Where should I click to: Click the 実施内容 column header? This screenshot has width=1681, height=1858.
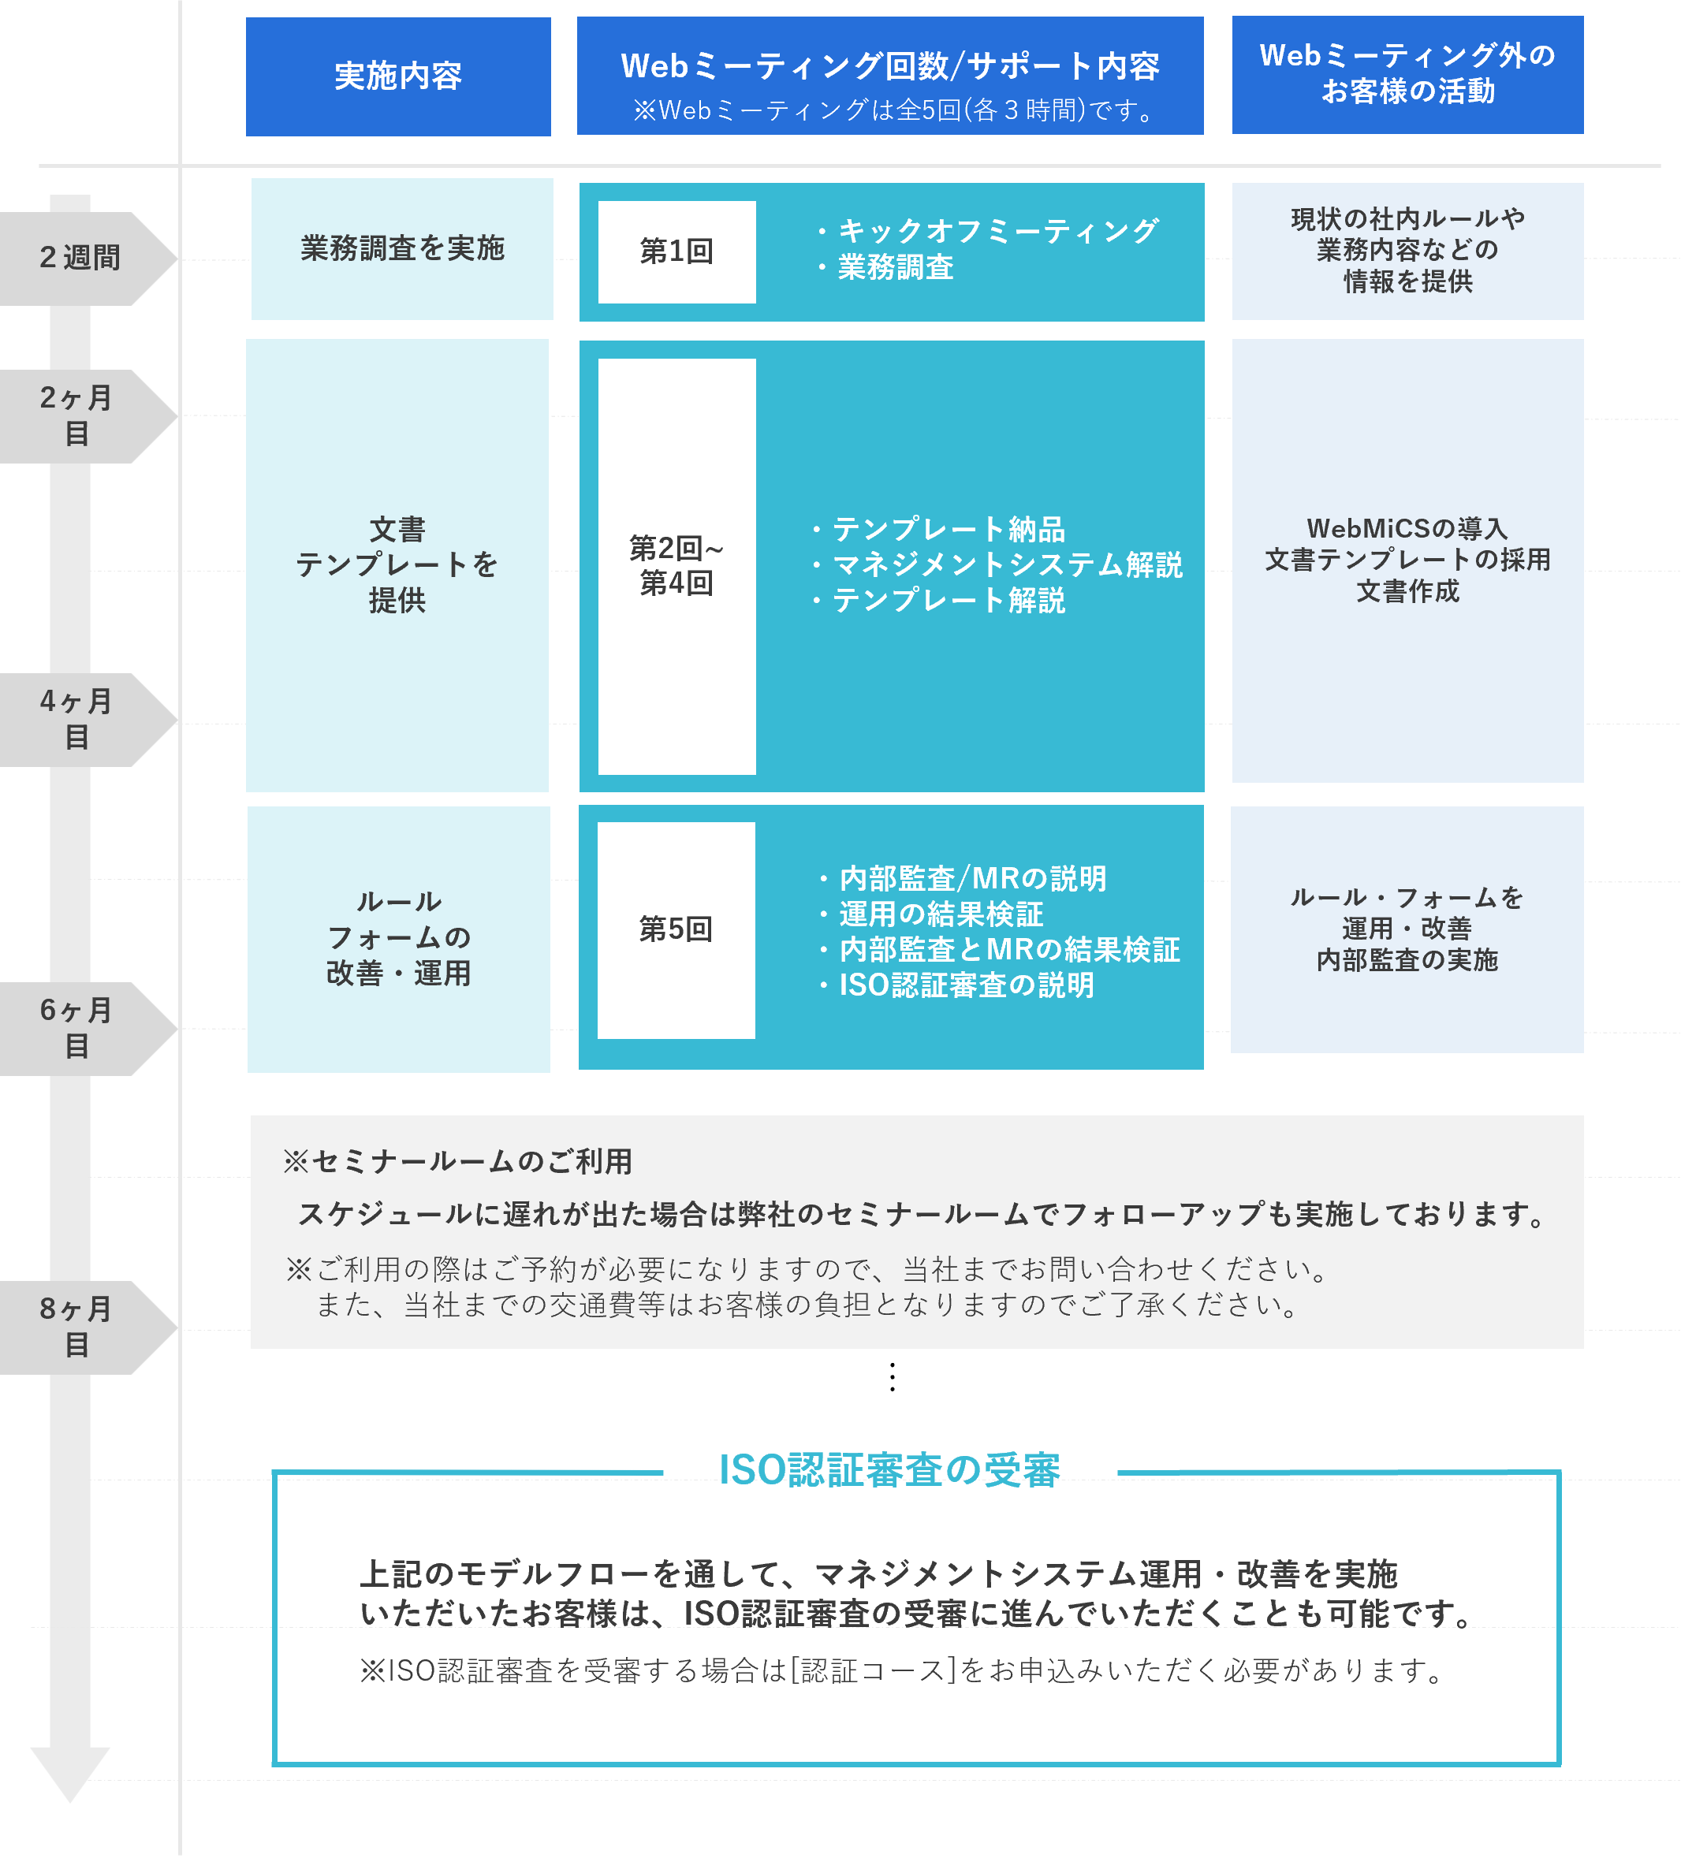coord(398,76)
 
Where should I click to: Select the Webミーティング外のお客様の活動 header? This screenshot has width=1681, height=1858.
coord(1407,74)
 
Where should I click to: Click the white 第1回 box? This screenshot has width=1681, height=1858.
coord(676,251)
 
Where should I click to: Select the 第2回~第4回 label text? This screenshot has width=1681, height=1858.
coord(676,565)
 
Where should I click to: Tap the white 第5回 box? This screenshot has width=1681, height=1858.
coord(676,929)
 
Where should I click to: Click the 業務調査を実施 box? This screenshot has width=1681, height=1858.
coord(402,248)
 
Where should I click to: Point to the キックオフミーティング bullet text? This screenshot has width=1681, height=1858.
coord(997,230)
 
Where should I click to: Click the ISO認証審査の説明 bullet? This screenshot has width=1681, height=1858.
coord(966,985)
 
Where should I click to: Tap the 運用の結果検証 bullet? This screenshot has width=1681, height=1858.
coord(941,914)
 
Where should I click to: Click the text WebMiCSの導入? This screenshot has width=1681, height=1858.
coord(1407,528)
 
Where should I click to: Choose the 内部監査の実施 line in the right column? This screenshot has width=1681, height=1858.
coord(1407,960)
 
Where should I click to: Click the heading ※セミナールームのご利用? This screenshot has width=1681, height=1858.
coord(458,1161)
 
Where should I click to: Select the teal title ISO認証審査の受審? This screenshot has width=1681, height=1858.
coord(889,1470)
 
